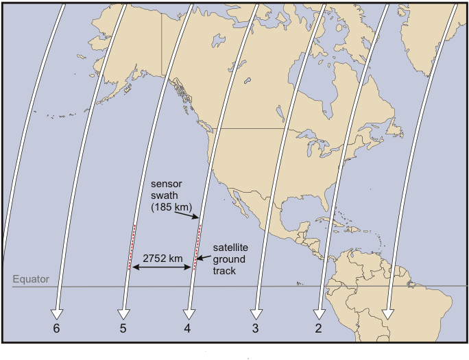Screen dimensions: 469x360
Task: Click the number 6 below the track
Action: tap(57, 329)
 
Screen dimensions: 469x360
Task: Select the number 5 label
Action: tap(123, 329)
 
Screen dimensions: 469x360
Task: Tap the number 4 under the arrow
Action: tap(187, 329)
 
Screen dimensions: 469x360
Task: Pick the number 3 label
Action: tap(255, 329)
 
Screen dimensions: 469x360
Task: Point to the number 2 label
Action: tap(318, 329)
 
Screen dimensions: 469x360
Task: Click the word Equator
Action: tap(30, 280)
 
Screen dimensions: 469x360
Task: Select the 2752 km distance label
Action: tap(163, 258)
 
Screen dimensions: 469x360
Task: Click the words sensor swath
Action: tap(168, 191)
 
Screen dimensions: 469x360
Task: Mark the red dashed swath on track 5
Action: tap(131, 247)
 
